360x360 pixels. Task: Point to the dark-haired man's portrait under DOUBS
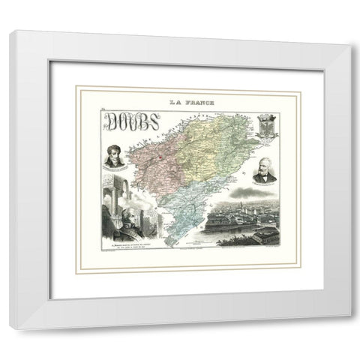(115, 158)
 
